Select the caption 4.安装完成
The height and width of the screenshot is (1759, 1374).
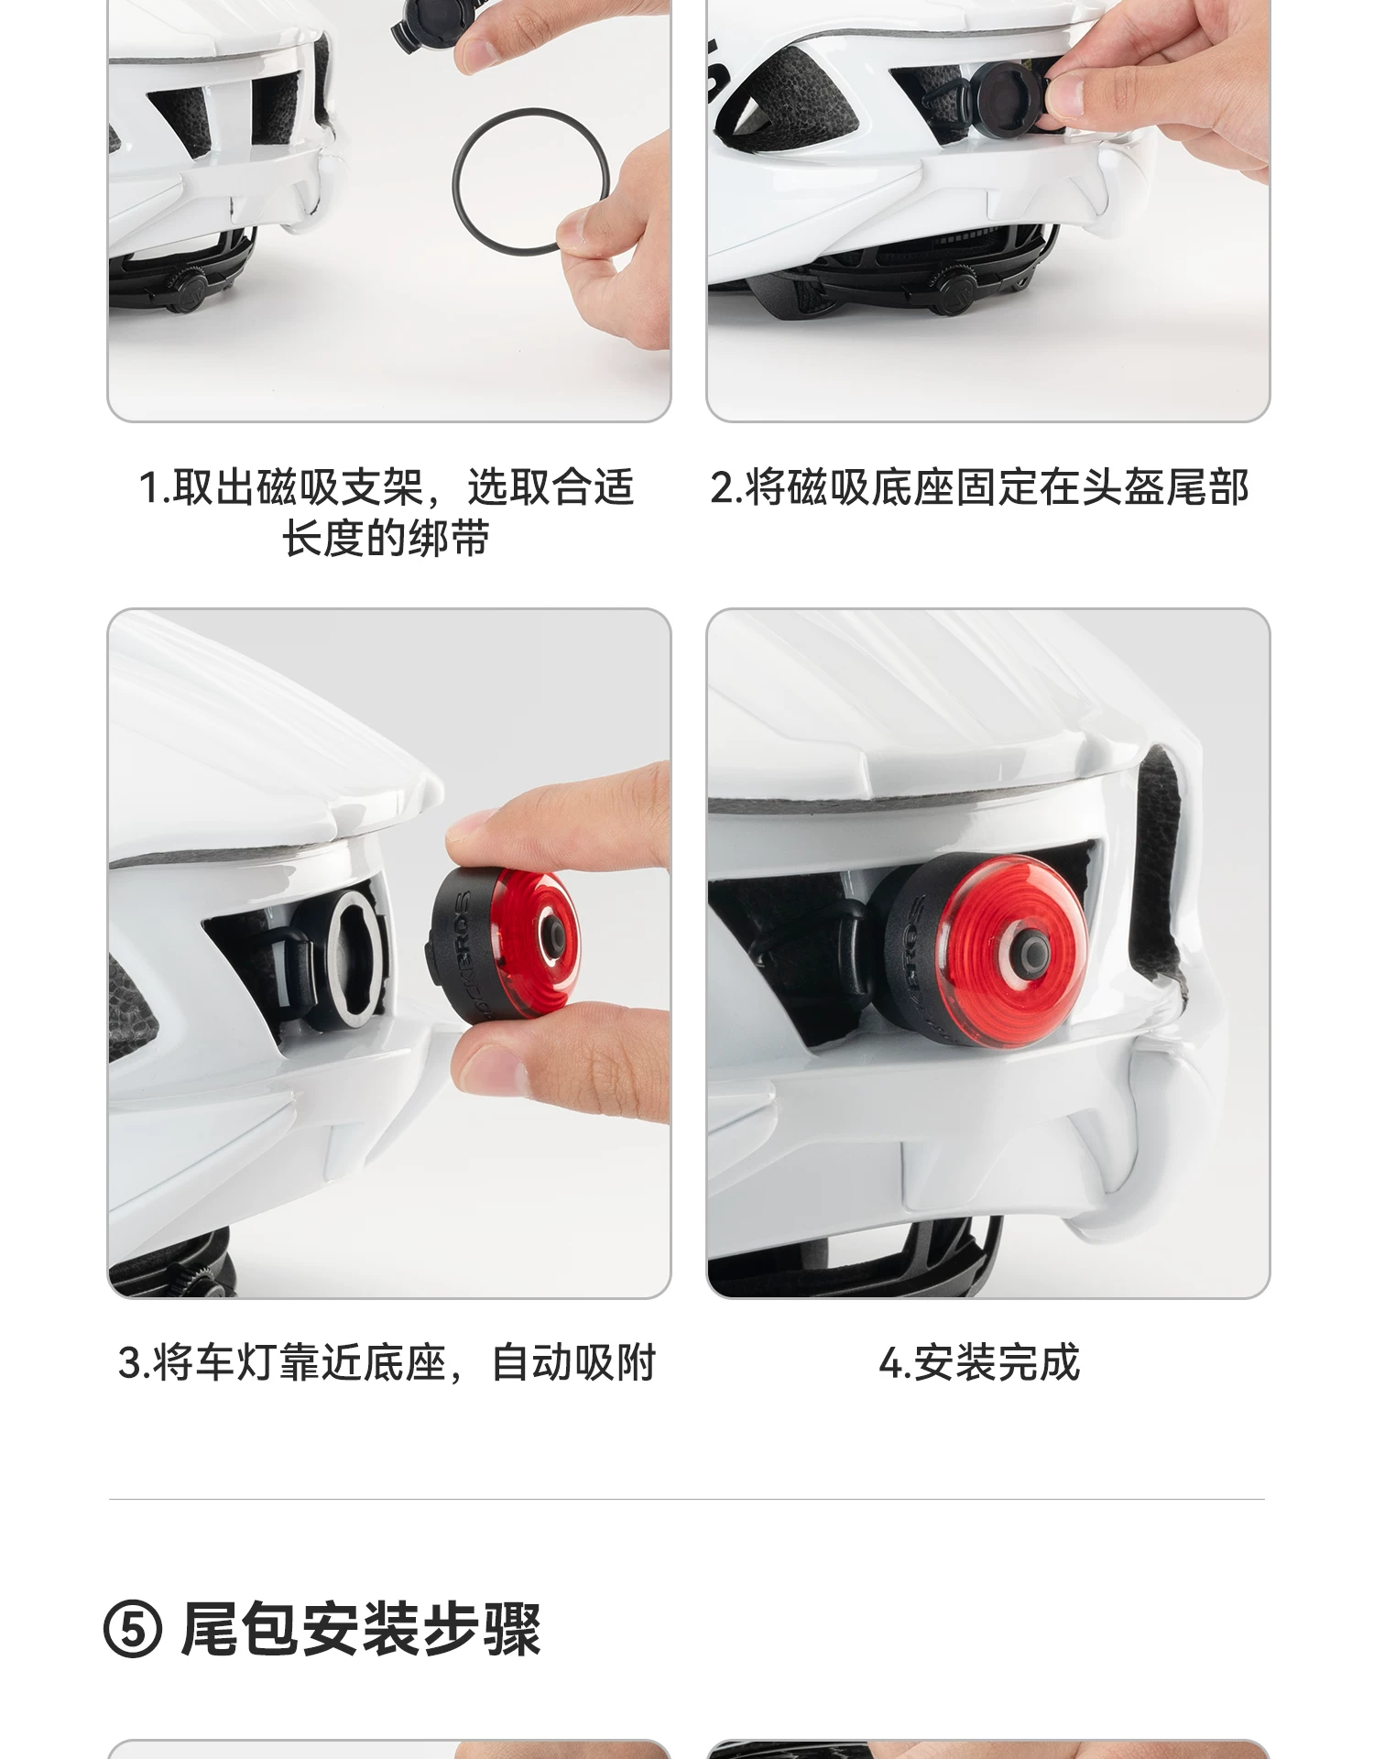tap(979, 1363)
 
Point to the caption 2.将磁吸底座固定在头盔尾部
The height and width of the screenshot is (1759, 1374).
tap(979, 487)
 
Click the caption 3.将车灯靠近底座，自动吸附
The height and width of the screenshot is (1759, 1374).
tap(387, 1363)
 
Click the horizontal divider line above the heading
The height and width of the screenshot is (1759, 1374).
tap(687, 1500)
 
